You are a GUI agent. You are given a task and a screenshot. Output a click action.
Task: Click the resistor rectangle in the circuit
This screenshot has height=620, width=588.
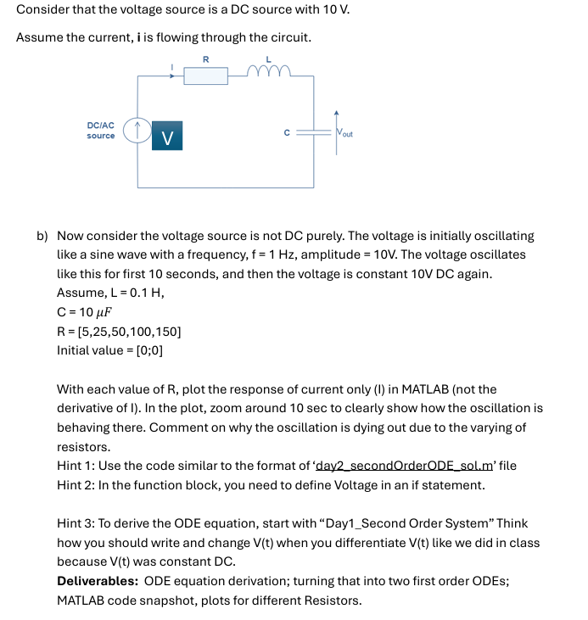(205, 76)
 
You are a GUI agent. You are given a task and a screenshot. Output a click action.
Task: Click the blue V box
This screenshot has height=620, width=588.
(167, 135)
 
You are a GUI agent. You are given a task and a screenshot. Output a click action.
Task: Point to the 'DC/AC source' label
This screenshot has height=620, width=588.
(101, 131)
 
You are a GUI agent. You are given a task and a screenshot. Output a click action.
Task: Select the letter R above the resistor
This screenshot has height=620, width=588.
(205, 59)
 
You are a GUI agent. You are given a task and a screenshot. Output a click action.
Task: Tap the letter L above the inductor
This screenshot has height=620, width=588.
(269, 59)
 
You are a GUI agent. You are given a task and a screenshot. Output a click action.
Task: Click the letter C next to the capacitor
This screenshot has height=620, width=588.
(288, 132)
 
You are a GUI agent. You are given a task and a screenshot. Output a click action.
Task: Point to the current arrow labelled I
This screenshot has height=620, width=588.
(173, 71)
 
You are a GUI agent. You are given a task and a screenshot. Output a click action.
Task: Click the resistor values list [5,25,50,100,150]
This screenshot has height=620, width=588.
(118, 331)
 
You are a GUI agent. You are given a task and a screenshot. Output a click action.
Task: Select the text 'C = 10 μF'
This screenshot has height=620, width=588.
(85, 311)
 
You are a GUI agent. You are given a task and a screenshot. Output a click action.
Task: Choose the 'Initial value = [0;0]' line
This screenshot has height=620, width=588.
(109, 349)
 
